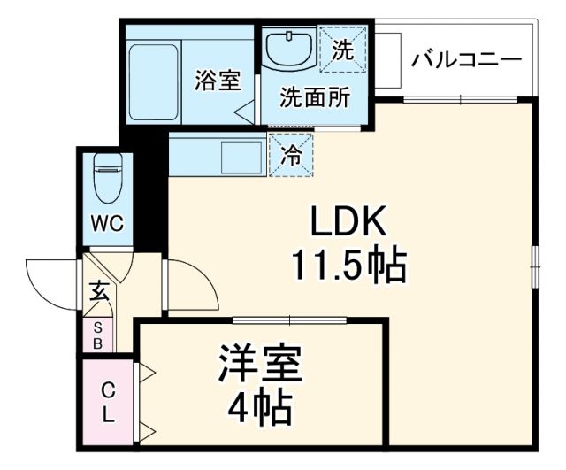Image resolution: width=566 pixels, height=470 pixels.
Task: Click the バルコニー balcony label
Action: click(467, 61)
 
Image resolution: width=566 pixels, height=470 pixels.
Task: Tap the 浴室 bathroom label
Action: click(217, 80)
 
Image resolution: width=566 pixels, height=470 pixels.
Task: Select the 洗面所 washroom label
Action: click(313, 97)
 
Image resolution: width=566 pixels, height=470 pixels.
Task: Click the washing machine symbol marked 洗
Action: click(341, 51)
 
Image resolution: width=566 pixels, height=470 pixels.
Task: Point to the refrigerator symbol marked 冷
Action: click(291, 154)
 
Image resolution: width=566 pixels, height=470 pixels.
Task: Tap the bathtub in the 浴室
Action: click(153, 80)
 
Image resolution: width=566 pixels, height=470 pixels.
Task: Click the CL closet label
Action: click(107, 402)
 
